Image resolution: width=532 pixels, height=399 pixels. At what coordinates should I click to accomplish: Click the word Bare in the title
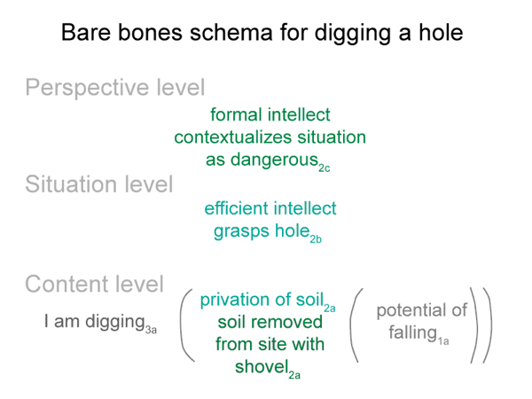click(86, 33)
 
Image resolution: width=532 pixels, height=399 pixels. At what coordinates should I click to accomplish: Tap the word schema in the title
click(231, 33)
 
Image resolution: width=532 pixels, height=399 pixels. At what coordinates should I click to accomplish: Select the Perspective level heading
click(115, 88)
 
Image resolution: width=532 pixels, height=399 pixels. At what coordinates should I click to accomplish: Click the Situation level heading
click(99, 184)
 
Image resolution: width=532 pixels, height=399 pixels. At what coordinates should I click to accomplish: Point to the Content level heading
click(95, 284)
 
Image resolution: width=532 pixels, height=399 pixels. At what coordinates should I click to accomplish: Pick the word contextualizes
click(233, 137)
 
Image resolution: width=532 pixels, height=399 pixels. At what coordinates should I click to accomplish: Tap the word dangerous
click(274, 160)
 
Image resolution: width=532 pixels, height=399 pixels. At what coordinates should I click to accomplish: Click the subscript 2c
click(324, 168)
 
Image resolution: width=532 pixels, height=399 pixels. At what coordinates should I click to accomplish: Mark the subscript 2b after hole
click(316, 239)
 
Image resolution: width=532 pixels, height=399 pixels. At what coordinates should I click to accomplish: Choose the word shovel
click(262, 367)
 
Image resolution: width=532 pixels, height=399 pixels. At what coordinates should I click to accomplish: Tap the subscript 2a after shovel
click(294, 375)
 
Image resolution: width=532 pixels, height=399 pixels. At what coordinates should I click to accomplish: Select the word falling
click(412, 332)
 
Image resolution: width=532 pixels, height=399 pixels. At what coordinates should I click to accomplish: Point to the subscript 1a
click(442, 340)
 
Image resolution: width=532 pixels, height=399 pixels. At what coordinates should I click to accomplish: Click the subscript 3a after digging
click(151, 330)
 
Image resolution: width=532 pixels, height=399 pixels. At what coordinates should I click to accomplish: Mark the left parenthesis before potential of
click(355, 325)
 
